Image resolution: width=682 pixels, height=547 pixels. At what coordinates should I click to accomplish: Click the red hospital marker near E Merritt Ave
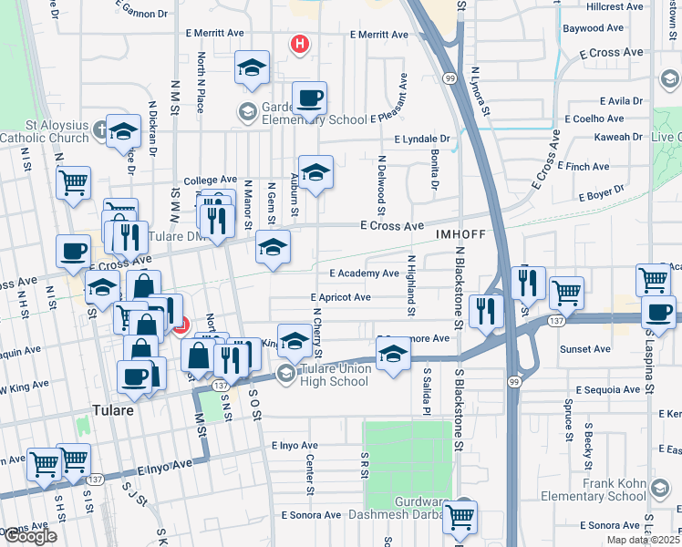click(x=298, y=43)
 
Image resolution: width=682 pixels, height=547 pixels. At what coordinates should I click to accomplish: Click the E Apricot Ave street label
click(x=340, y=297)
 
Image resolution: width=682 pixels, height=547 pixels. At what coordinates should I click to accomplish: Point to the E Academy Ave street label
click(x=365, y=273)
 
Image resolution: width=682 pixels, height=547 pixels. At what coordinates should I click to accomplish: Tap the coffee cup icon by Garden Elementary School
click(x=309, y=98)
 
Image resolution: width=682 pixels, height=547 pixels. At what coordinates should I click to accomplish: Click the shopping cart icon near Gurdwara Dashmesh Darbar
click(x=460, y=516)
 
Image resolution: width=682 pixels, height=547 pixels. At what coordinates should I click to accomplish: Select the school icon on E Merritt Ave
click(x=253, y=67)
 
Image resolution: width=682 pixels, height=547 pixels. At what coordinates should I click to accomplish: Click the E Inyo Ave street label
click(x=294, y=446)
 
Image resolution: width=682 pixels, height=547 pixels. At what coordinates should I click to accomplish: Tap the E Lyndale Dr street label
click(x=424, y=139)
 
